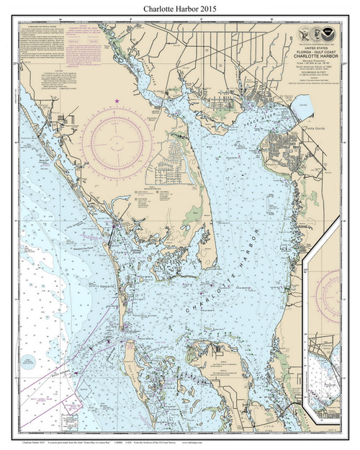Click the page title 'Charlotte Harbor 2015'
click(179, 8)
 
